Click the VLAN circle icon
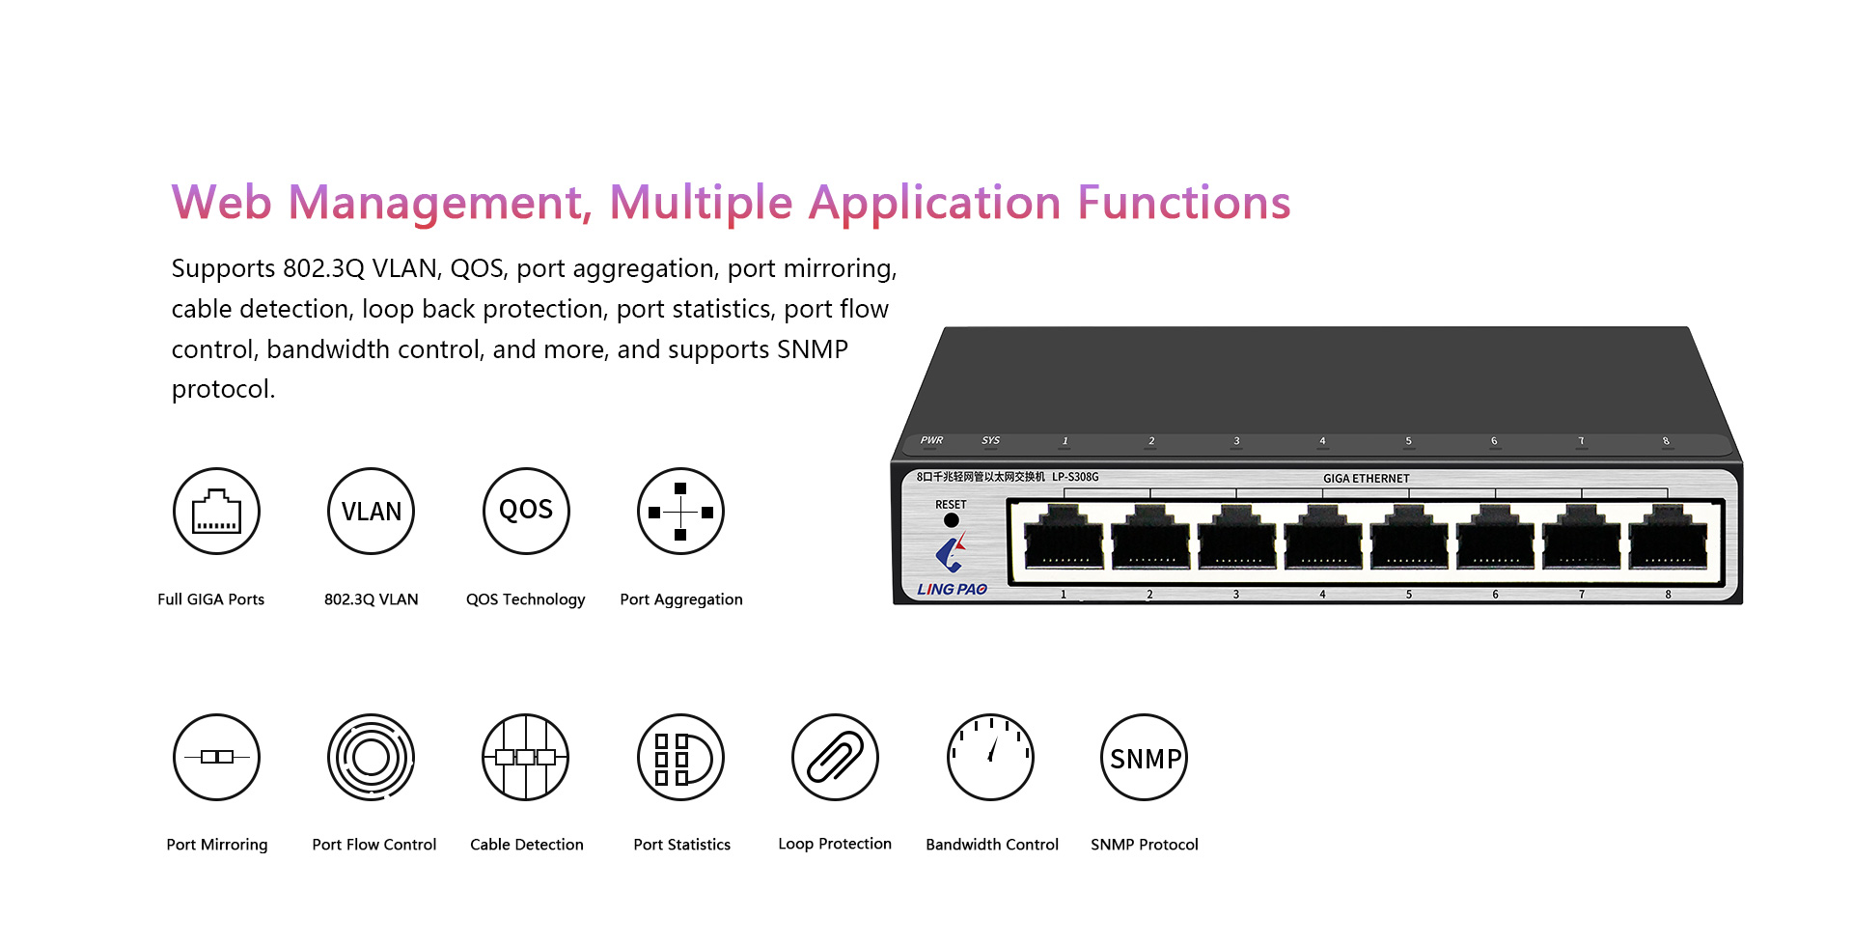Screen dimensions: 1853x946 point(372,512)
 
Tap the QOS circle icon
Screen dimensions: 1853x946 point(526,512)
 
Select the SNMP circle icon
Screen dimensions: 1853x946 point(1145,758)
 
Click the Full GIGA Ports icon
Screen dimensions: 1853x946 point(217,512)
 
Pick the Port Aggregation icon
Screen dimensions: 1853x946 point(680,512)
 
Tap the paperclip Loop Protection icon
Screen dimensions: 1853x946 point(835,758)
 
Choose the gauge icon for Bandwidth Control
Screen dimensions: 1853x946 point(990,758)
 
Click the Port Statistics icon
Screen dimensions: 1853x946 point(680,758)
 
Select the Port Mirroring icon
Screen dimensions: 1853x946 point(217,758)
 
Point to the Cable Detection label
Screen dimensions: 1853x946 point(527,845)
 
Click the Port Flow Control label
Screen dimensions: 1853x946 point(374,845)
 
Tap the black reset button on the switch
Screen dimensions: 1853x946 point(952,520)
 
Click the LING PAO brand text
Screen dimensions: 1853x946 point(953,589)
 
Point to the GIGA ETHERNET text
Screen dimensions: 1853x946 point(1367,479)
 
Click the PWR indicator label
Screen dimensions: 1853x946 point(931,440)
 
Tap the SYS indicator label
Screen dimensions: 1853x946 point(991,440)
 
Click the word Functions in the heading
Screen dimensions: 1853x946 point(1184,203)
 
